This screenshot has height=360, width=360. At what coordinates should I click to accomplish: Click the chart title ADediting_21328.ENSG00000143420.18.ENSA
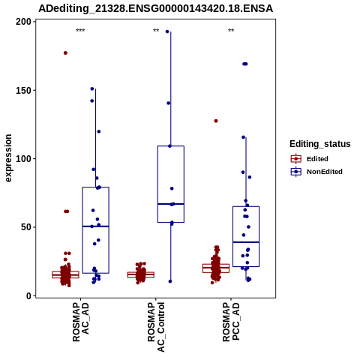point(155,8)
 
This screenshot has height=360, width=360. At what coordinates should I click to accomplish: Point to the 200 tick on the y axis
point(23,22)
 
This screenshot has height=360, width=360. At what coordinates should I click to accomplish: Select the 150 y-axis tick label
point(23,90)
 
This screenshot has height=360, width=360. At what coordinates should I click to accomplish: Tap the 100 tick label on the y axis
point(23,159)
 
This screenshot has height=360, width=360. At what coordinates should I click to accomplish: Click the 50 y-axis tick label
point(26,227)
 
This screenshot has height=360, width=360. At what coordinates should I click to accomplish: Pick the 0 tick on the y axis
point(29,296)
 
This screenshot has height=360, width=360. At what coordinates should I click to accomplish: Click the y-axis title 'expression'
point(8,158)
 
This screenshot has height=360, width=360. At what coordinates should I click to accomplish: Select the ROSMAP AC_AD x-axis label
point(80,322)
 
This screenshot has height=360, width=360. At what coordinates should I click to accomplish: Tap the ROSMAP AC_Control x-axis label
point(156,327)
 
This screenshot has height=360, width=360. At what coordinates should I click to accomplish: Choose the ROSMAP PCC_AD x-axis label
point(231,322)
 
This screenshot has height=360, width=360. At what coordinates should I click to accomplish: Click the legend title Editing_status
point(320,144)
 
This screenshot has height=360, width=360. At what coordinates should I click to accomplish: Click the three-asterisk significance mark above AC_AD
point(80,31)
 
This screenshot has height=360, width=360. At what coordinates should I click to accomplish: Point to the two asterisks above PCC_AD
point(231,31)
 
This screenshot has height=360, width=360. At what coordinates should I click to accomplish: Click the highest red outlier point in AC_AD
point(65,53)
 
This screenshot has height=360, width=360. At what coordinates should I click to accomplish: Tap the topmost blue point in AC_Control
point(167,31)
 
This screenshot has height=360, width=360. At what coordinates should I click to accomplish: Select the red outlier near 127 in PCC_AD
point(216,121)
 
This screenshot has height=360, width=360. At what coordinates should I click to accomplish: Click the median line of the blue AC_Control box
point(171,204)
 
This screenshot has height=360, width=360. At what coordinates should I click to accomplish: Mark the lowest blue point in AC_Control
point(170,281)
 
